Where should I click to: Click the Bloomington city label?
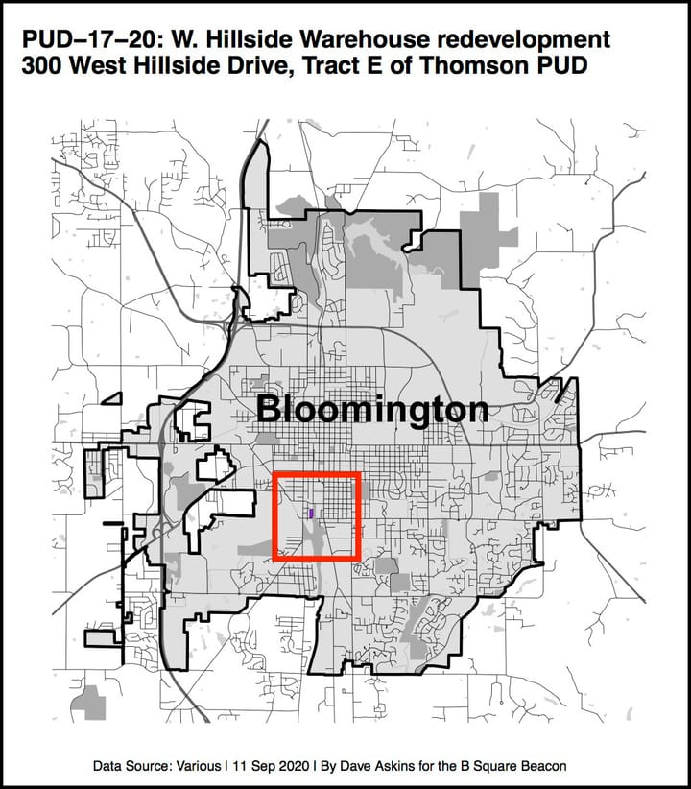click(372, 410)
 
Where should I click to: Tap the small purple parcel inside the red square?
click(312, 513)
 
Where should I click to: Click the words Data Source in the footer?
click(137, 767)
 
